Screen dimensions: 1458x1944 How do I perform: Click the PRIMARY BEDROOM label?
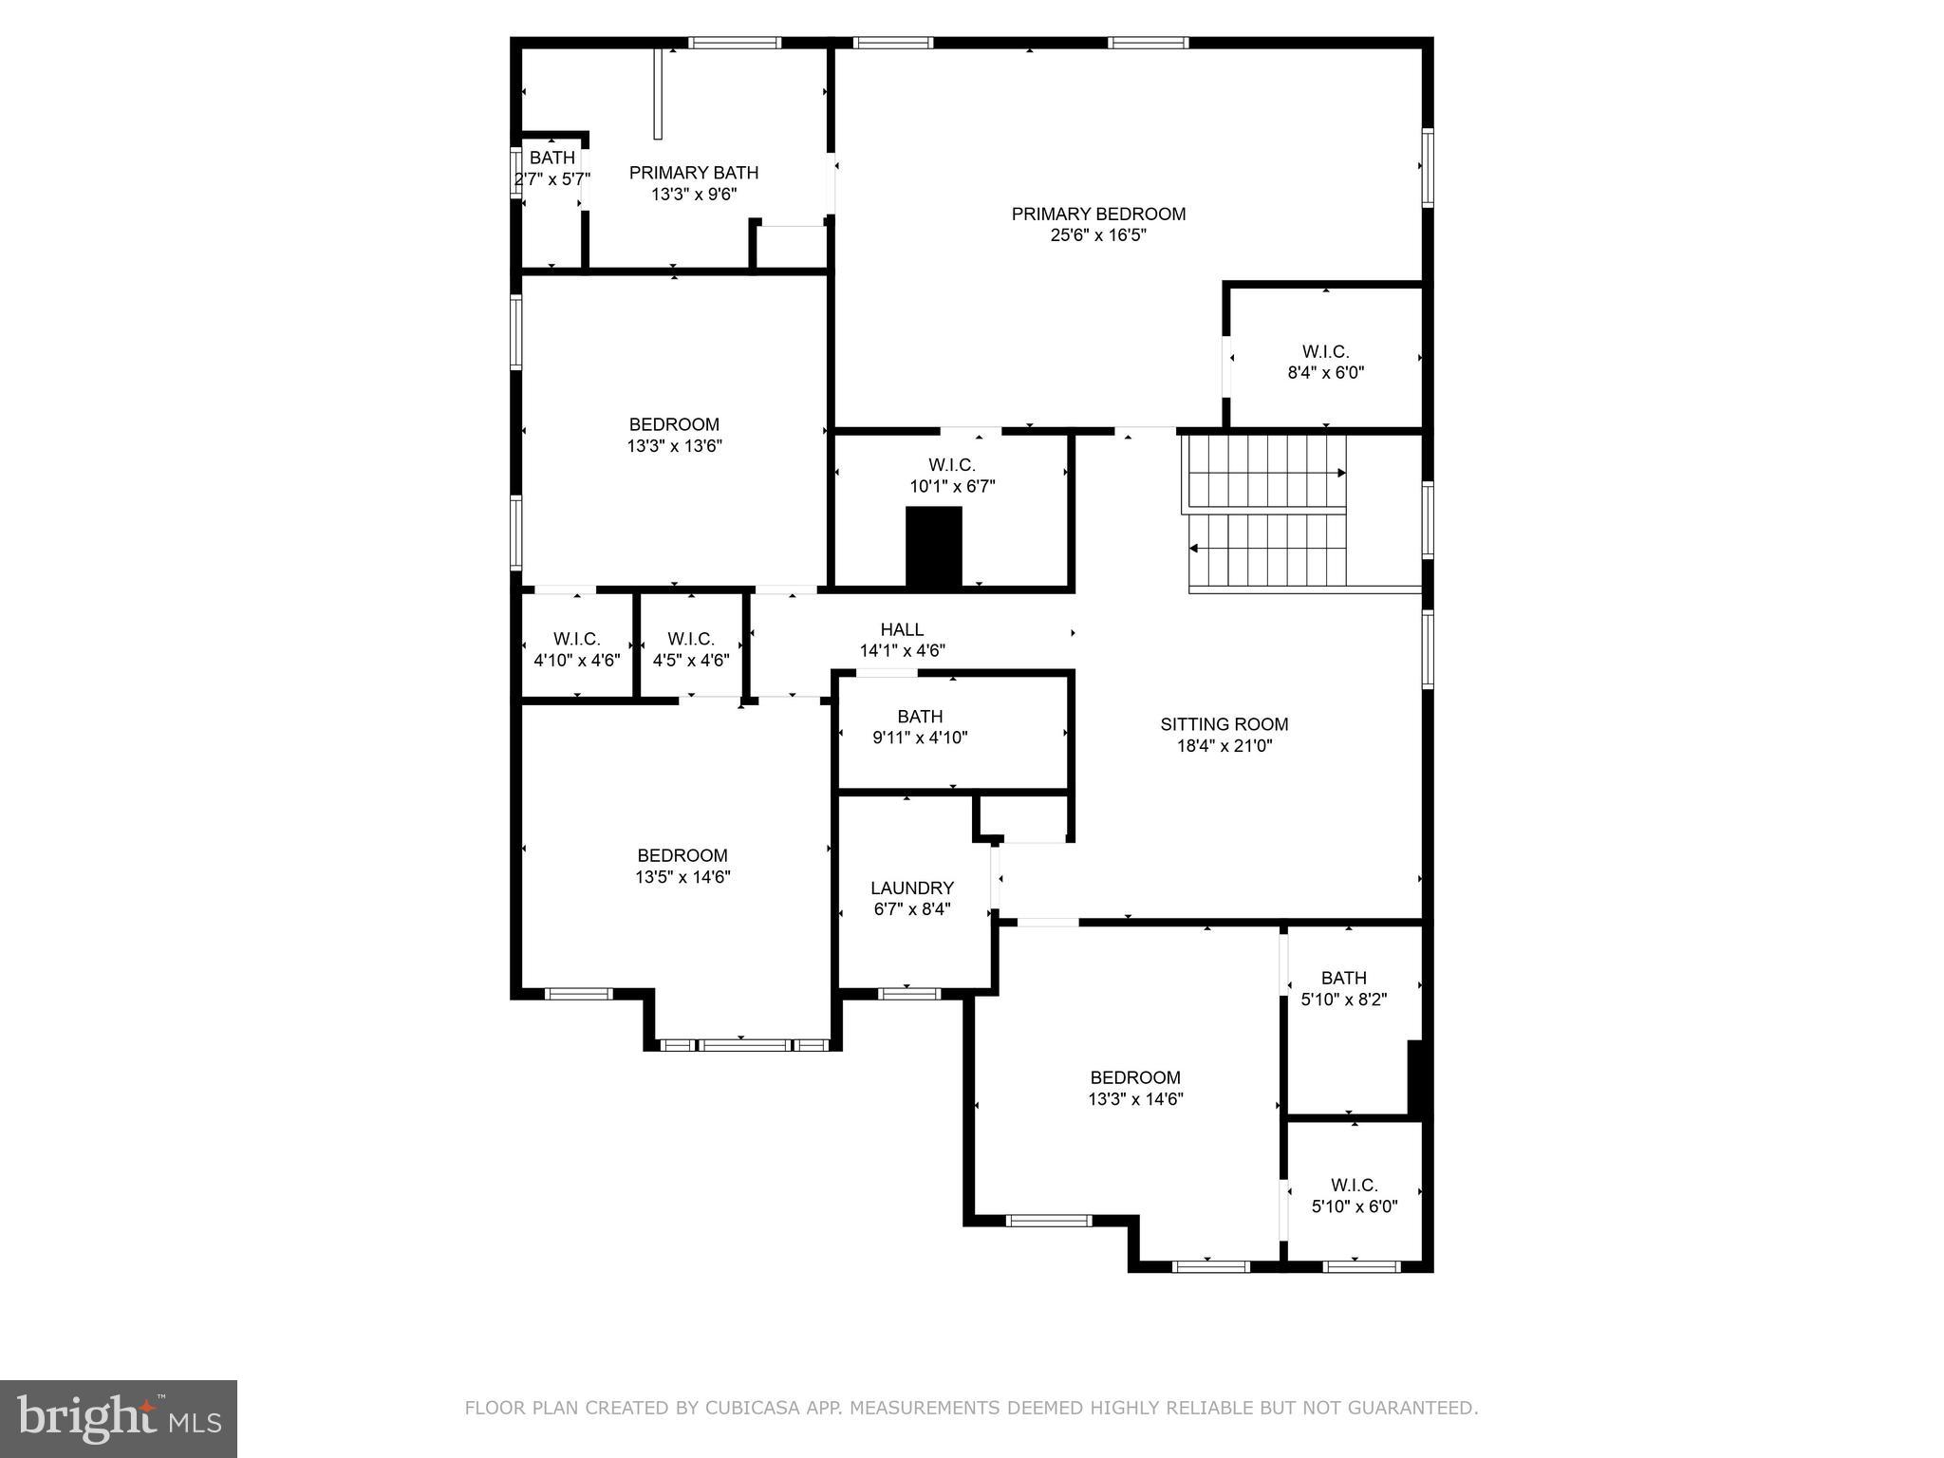(x=1098, y=215)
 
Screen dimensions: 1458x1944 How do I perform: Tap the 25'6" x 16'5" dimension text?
(x=1098, y=235)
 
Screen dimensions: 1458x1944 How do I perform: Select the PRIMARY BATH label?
(x=694, y=173)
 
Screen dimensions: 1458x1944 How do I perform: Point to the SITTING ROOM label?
(x=1224, y=725)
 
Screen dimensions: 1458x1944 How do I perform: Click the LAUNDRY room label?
(x=912, y=888)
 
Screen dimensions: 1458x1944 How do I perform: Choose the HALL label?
(x=902, y=630)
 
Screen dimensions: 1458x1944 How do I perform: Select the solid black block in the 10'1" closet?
(x=934, y=547)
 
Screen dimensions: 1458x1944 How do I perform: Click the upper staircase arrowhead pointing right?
(x=1341, y=473)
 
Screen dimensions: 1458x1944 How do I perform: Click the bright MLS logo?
(x=119, y=1418)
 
